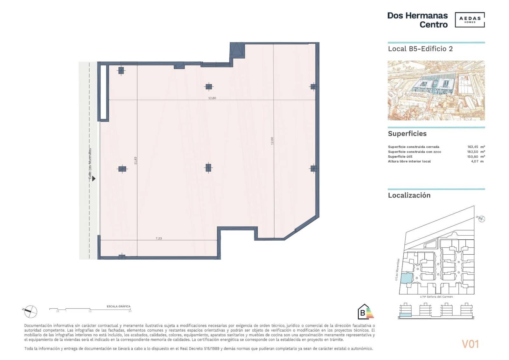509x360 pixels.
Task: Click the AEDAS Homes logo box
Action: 470,20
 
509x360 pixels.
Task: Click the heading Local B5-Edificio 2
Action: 420,49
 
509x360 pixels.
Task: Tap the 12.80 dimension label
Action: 212,98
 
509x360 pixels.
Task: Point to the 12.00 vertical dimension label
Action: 272,141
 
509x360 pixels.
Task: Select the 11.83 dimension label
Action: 136,160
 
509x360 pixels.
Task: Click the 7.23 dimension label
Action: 158,238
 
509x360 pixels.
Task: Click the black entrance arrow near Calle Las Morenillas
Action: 94,179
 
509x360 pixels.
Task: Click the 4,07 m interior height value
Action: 477,161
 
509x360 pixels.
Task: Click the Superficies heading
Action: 407,134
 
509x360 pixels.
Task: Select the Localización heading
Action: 409,195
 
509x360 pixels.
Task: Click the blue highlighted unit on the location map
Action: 406,278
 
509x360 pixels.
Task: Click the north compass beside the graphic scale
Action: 31,311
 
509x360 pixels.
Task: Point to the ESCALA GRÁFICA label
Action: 118,307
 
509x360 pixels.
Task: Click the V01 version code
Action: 470,344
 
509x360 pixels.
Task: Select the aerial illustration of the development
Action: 436,90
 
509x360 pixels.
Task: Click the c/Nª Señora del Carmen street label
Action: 436,297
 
